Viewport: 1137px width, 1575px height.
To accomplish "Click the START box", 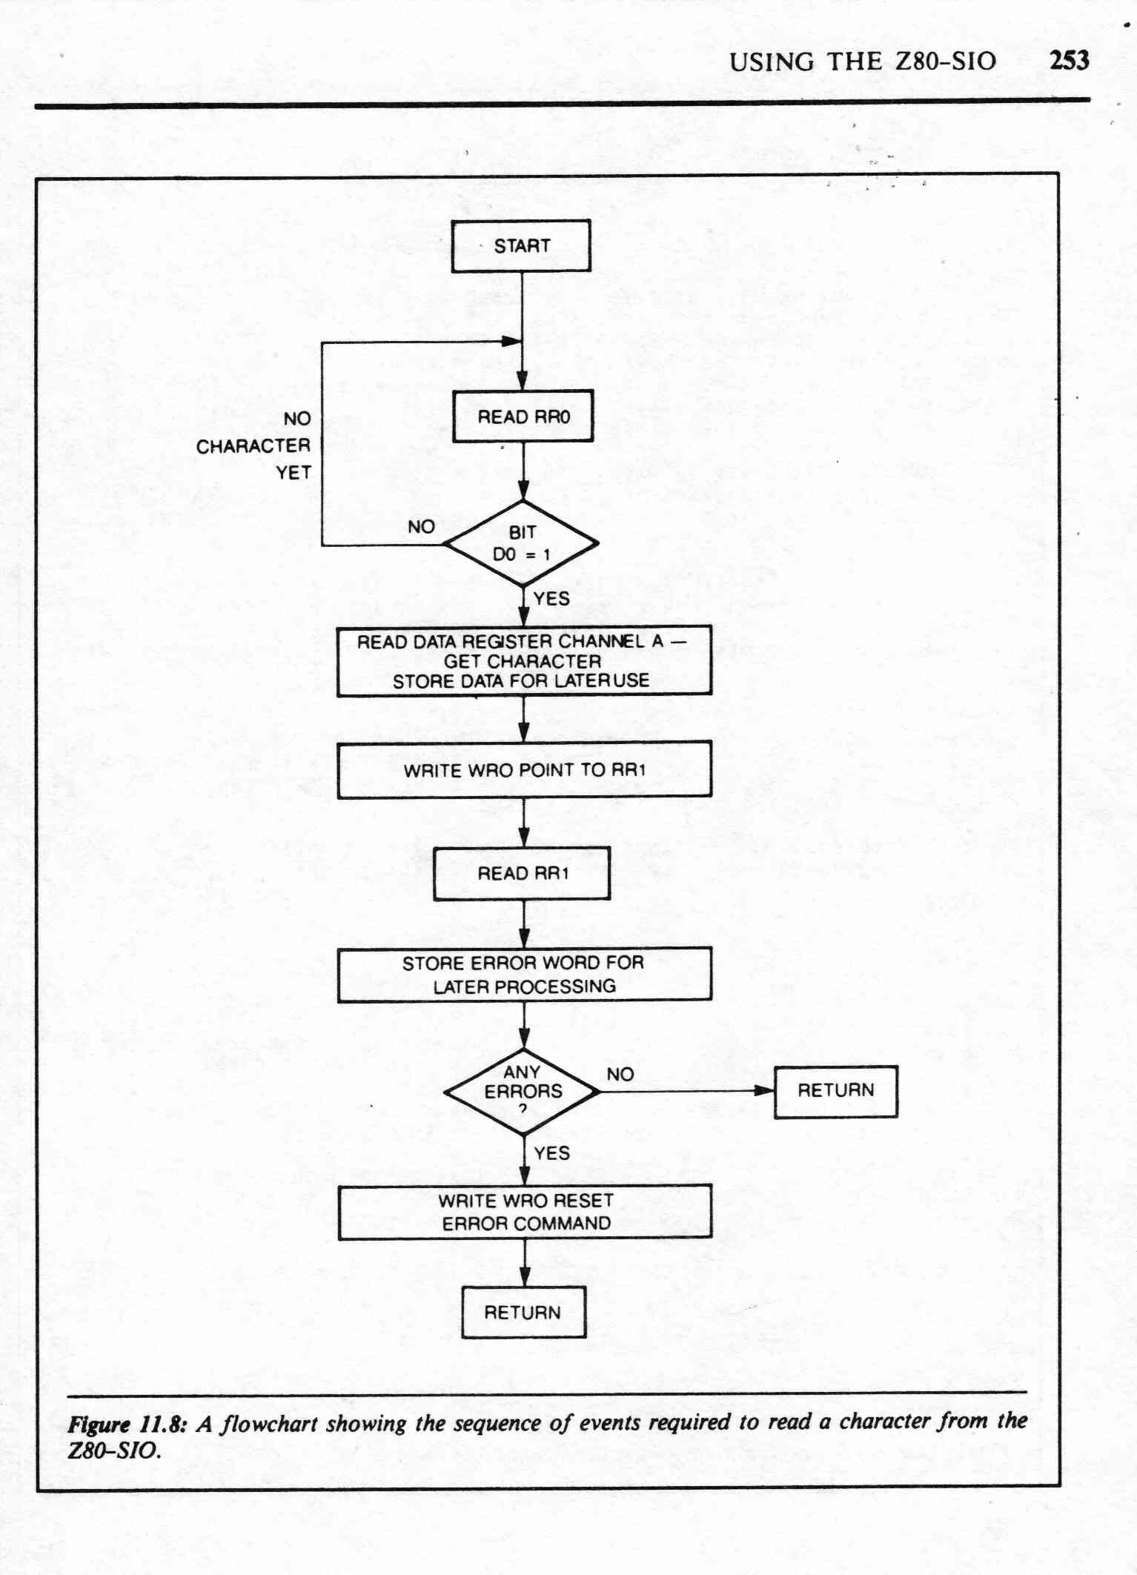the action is point(521,246).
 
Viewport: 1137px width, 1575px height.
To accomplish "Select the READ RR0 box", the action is point(523,417).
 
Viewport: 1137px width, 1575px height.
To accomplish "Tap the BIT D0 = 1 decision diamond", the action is point(522,543).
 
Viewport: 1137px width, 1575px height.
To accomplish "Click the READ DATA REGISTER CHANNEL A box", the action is point(524,661).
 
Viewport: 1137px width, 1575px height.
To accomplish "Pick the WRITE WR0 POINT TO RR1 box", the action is point(524,770).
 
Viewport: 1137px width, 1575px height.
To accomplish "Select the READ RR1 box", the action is point(522,874).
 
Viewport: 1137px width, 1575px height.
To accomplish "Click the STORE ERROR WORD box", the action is point(524,975).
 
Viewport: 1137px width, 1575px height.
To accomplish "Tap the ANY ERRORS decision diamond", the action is point(523,1092).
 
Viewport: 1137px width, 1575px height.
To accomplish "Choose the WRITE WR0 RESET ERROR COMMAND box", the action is point(525,1212).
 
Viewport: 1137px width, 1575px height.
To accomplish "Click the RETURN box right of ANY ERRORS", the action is point(836,1091).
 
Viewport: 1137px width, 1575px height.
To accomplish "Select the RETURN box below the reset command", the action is point(523,1313).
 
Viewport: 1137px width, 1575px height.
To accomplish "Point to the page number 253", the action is point(1070,60).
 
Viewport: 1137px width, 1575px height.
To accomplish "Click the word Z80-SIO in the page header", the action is point(946,62).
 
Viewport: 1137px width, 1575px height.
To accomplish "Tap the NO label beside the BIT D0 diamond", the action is point(421,527).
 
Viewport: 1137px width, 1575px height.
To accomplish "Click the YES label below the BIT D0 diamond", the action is point(551,598).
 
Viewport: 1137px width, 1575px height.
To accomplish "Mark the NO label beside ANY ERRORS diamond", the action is point(620,1074).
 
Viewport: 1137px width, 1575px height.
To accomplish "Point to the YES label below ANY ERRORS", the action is point(552,1153).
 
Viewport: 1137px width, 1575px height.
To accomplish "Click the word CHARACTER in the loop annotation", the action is point(253,446).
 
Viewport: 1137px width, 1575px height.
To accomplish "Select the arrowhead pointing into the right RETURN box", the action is point(764,1090).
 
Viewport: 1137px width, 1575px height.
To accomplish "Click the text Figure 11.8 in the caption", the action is point(126,1424).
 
